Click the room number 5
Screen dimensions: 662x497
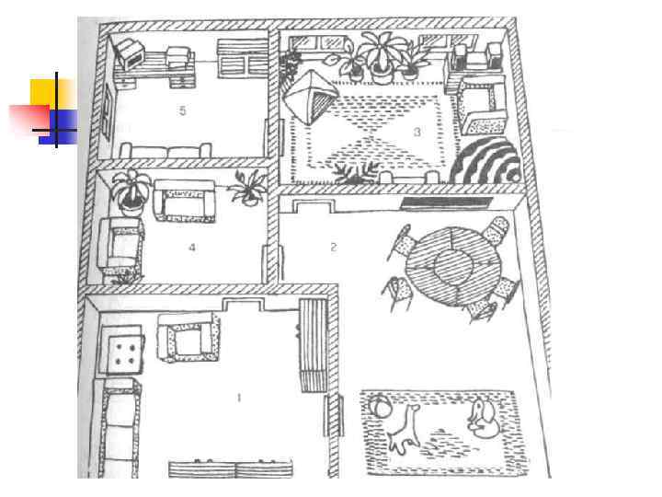point(183,110)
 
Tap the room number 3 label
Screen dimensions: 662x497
point(417,133)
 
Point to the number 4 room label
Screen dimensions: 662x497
point(192,248)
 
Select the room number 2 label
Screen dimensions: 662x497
point(333,247)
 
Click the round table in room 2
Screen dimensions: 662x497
point(450,264)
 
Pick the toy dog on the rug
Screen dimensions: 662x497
point(482,422)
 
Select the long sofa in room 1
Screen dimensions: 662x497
point(120,429)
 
